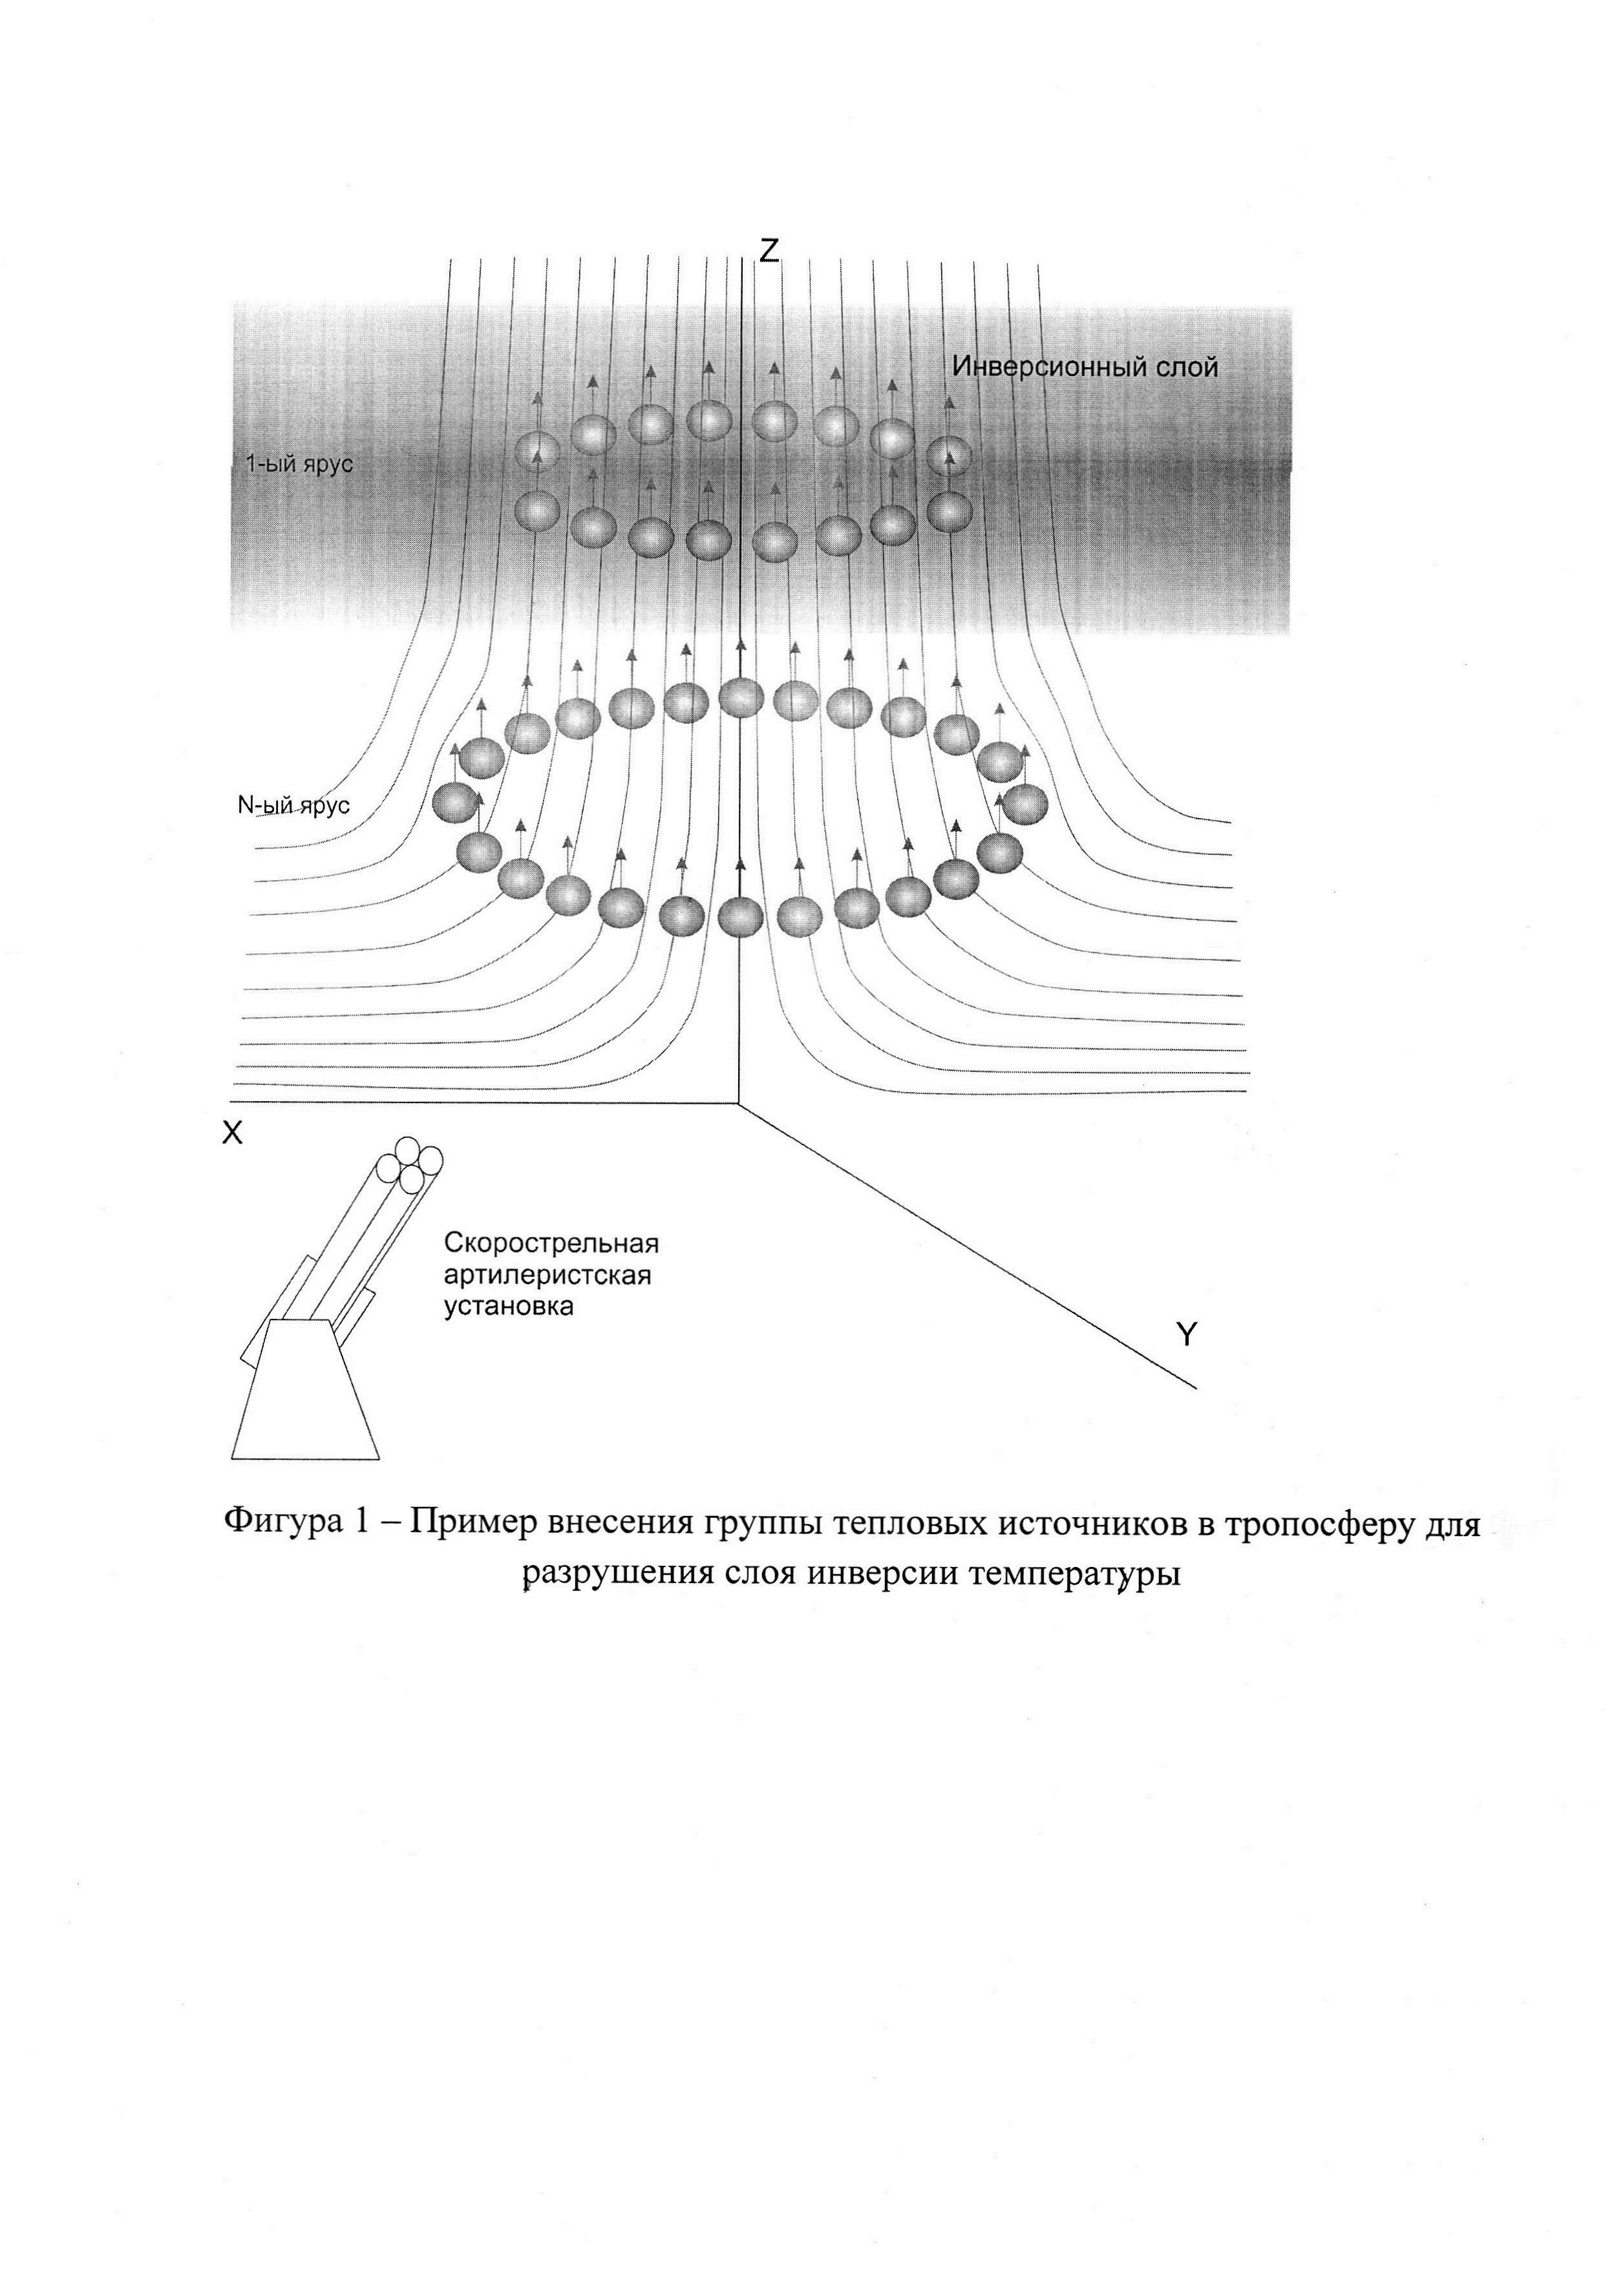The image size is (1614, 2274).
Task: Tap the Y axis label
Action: [1185, 1335]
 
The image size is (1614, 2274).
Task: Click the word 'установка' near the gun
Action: [508, 1307]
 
